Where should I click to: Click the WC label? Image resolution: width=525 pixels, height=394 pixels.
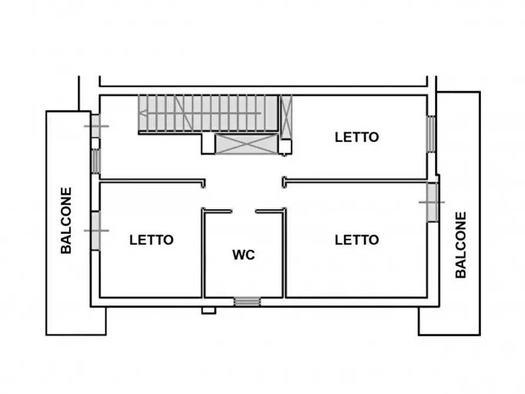[x=243, y=255]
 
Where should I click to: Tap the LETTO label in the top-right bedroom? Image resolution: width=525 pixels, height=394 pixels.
[x=357, y=137]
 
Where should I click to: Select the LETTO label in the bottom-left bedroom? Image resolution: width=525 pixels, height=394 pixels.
[x=152, y=240]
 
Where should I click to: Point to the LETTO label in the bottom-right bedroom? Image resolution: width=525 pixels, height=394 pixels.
[x=357, y=240]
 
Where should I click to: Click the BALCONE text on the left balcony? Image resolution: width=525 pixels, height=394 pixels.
[x=66, y=221]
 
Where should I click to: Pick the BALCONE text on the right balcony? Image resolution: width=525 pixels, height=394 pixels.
[x=461, y=245]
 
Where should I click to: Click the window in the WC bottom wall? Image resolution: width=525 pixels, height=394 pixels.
[x=247, y=302]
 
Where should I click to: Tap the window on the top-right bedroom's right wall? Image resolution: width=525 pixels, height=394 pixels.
[x=432, y=133]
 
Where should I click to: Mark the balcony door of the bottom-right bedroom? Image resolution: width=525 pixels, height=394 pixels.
[x=432, y=202]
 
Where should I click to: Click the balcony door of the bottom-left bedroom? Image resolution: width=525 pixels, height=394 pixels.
[x=96, y=231]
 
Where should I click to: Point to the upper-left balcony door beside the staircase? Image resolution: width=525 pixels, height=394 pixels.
[x=96, y=126]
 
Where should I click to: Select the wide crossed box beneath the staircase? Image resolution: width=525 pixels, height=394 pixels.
[x=246, y=144]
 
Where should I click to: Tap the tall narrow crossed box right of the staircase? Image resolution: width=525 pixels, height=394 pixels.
[x=286, y=115]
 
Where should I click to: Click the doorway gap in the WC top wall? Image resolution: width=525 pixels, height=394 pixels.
[x=243, y=211]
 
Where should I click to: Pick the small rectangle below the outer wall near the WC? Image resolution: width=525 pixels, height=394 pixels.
[x=209, y=310]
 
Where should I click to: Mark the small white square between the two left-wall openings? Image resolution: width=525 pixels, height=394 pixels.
[x=95, y=143]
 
